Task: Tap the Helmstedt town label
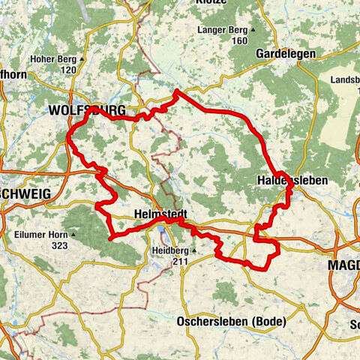pos(160,213)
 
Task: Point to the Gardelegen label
pos(286,54)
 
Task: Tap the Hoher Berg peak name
pos(52,58)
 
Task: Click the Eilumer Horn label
pos(40,234)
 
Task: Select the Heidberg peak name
pos(169,251)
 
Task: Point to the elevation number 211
pos(179,262)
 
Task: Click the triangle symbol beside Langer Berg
pos(253,30)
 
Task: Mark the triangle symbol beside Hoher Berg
pos(82,58)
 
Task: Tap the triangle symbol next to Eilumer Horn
pos(73,234)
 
